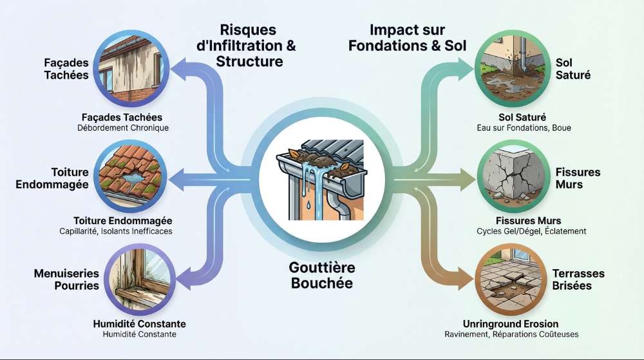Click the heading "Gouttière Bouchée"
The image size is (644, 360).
[323, 274]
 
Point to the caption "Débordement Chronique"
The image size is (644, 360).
[122, 128]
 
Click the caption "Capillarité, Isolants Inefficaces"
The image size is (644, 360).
[122, 231]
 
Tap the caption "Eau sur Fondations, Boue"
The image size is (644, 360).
[520, 128]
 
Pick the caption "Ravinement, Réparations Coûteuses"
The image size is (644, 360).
[512, 334]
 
